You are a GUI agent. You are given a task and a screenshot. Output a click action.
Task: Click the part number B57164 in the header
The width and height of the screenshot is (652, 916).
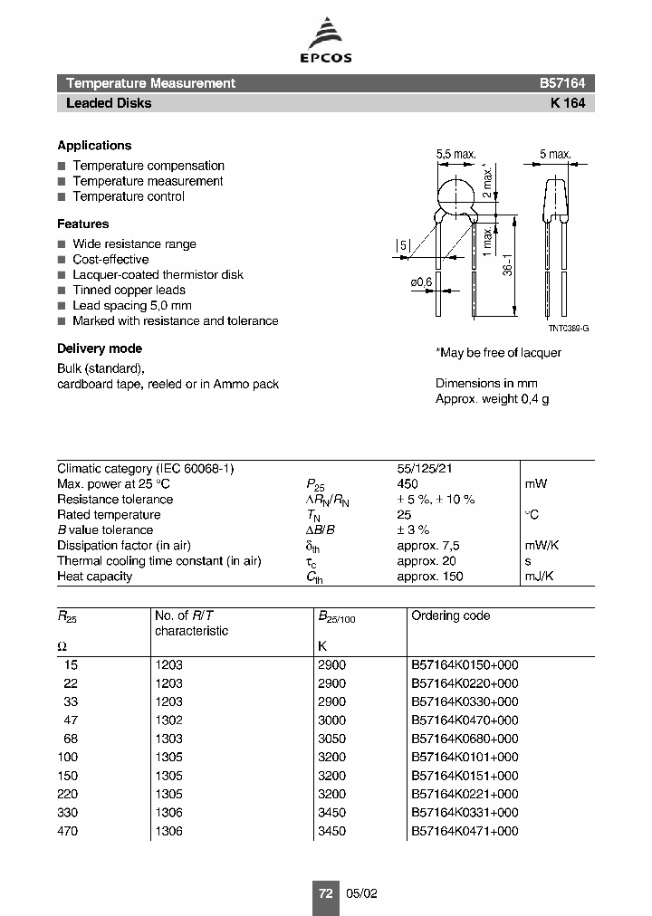(561, 83)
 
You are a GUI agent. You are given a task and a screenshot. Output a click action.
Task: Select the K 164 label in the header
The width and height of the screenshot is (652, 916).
(568, 103)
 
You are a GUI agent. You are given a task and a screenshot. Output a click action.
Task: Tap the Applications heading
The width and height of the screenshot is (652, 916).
(94, 146)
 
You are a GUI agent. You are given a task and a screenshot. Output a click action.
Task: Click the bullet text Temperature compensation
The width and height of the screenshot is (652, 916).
(149, 166)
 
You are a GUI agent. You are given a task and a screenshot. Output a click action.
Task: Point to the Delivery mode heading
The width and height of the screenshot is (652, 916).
(100, 348)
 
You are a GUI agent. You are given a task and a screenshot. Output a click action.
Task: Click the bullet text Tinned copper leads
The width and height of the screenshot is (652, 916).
(129, 291)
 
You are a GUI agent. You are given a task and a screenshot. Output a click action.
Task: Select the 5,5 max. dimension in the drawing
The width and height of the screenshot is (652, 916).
(455, 155)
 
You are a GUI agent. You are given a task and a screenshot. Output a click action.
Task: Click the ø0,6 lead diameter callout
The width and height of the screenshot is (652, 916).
(422, 283)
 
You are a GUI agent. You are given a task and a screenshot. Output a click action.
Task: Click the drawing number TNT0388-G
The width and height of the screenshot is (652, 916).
(568, 329)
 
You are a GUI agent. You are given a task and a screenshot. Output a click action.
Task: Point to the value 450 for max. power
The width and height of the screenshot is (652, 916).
(407, 484)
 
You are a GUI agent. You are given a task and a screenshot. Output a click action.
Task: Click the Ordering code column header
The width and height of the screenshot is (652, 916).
(450, 615)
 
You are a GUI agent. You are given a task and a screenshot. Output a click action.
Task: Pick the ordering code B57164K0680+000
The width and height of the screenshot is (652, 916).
(465, 739)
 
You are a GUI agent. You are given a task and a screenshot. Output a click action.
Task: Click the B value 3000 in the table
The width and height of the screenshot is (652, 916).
(331, 720)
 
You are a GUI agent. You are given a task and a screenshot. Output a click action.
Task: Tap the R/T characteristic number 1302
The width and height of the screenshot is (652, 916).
(168, 720)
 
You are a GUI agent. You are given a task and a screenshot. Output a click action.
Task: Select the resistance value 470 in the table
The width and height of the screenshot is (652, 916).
(68, 831)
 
